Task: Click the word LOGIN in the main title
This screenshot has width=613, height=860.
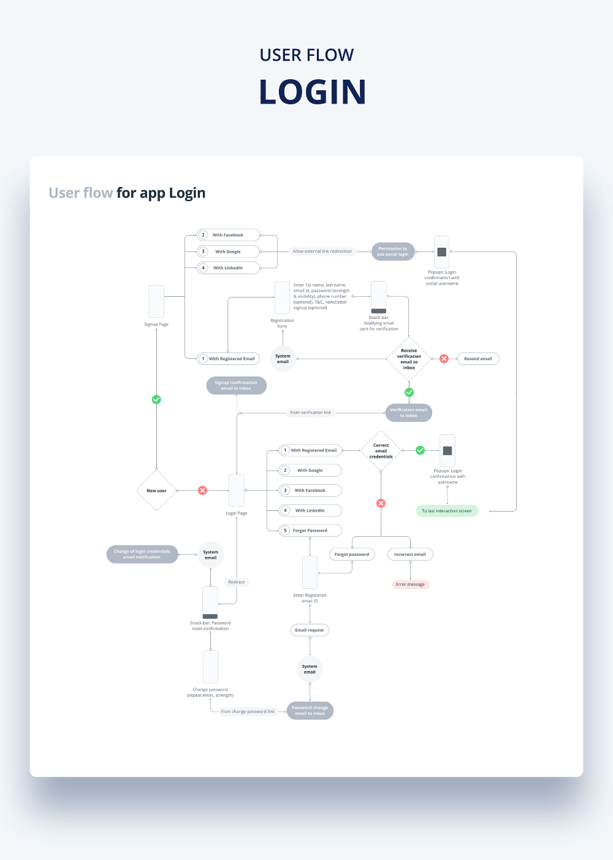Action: tap(313, 92)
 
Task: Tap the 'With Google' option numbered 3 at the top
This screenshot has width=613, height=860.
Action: tap(228, 251)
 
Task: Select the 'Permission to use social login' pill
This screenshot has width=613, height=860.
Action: tap(393, 251)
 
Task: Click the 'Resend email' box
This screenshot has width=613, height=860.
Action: tap(478, 359)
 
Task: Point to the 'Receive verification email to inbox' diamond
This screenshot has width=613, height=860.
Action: tap(409, 359)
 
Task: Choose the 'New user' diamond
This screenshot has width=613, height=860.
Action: tap(156, 491)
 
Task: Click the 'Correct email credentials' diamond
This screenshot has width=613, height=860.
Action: tap(381, 451)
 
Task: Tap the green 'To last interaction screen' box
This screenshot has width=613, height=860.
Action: tap(447, 511)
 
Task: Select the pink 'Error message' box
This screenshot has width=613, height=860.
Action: tap(410, 585)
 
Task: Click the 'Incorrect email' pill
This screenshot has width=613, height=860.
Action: tap(410, 555)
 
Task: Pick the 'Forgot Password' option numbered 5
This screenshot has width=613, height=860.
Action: tap(310, 531)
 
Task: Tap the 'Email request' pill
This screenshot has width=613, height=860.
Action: tap(310, 630)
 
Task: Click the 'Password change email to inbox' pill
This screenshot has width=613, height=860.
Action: tap(310, 710)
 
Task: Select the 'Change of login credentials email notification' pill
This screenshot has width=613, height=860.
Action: tap(142, 555)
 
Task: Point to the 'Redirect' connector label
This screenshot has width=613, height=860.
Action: tap(237, 582)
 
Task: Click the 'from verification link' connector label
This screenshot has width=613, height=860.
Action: tap(311, 413)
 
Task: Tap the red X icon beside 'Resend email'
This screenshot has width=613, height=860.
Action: tap(444, 359)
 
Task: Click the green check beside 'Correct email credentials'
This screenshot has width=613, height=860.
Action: tap(421, 450)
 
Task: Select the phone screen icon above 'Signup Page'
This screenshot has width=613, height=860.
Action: tap(156, 301)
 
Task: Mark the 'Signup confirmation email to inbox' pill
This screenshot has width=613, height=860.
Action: tap(236, 385)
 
